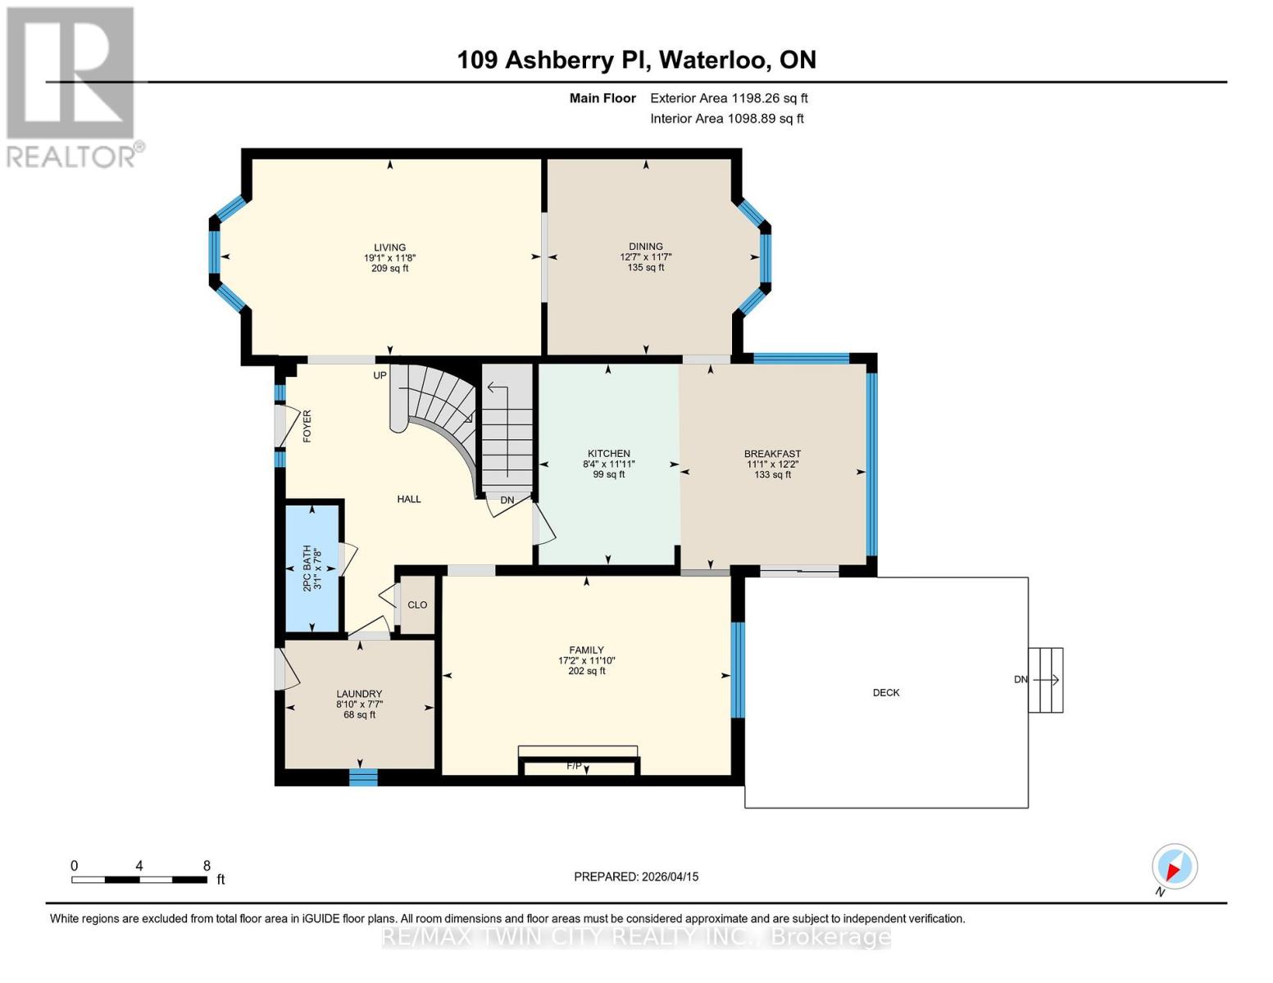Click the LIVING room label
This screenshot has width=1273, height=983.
point(389,247)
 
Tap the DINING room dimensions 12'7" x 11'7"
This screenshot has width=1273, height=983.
point(646,257)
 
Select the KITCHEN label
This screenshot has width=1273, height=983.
point(608,454)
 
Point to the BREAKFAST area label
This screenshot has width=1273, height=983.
point(772,454)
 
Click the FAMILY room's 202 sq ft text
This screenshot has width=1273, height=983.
point(586,672)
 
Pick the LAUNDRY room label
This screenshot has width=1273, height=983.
point(359,694)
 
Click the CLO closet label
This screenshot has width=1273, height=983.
point(417,605)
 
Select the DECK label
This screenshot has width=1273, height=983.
point(886,693)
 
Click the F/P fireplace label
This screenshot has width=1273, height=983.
point(574,766)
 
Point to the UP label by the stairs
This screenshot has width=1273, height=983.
point(380,376)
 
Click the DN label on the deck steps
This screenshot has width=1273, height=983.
point(1021,680)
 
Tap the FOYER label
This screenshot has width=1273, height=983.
point(307,427)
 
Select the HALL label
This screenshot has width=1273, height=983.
point(409,500)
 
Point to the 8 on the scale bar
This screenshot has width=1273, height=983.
point(207,866)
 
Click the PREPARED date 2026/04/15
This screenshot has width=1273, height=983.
point(668,877)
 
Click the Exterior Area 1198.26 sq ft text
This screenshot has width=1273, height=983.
point(729,98)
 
